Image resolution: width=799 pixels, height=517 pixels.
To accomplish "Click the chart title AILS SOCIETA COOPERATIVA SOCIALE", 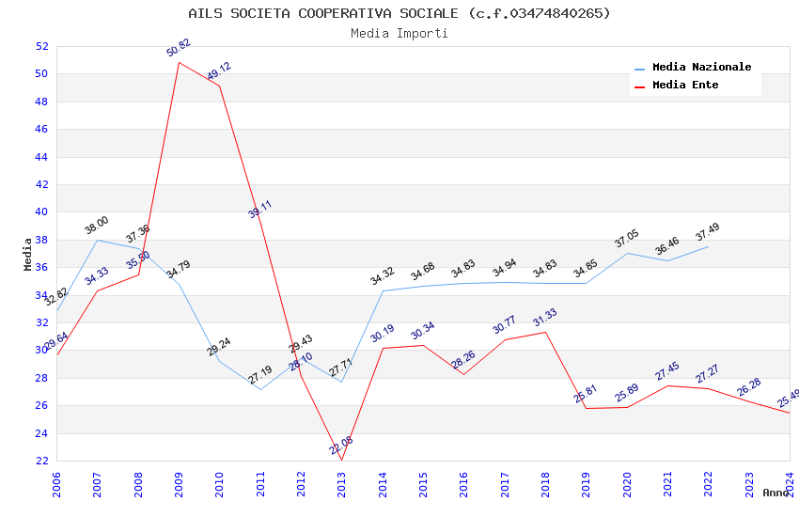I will [399, 13].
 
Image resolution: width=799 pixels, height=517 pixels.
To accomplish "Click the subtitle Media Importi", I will [399, 33].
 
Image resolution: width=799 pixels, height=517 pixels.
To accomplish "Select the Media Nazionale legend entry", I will [701, 68].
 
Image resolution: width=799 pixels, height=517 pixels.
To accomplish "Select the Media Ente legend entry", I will [684, 85].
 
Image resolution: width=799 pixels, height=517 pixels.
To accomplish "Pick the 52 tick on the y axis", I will [40, 46].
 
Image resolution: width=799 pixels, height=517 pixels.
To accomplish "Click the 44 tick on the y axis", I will [40, 157].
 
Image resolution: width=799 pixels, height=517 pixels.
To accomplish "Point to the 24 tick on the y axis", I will [40, 433].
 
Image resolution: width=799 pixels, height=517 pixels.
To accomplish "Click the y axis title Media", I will [28, 254].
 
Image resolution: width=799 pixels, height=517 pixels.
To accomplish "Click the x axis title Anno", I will [775, 493].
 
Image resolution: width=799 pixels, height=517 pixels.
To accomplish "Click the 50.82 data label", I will [179, 48].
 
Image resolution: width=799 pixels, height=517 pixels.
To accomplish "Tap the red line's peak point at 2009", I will [179, 62].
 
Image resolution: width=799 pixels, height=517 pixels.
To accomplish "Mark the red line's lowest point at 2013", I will [341, 460].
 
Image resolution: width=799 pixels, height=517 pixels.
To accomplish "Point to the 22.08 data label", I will [341, 445].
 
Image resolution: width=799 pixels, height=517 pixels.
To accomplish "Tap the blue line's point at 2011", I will [260, 389].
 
